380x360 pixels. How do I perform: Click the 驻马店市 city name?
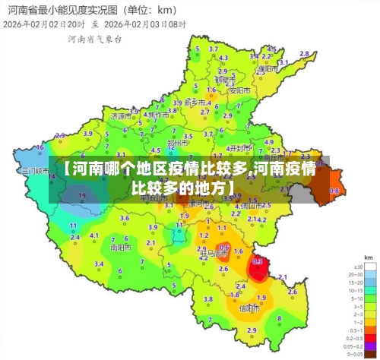coord(220,254)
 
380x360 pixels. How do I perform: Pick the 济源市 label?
coord(119,117)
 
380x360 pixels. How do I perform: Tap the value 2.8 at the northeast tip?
coord(305,54)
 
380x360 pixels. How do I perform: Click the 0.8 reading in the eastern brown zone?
coord(334,190)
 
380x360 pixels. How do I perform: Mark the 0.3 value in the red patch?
coord(258,261)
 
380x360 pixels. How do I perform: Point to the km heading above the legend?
coord(368,257)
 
